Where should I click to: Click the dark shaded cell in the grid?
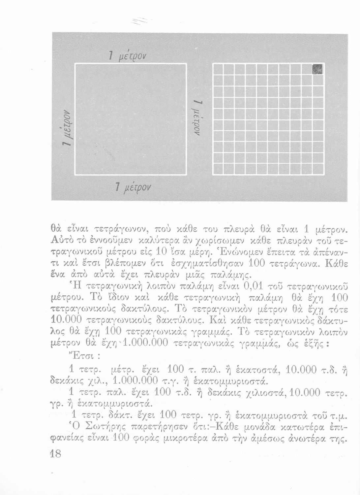pyautogui.click(x=318, y=69)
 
